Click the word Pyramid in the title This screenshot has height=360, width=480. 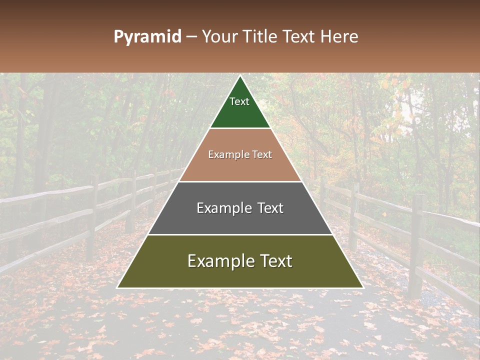pos(147,37)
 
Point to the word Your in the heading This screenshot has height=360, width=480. pos(221,36)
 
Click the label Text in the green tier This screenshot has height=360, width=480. pos(239,101)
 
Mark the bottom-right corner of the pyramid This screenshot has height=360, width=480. pos(362,287)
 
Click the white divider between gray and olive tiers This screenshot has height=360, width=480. pos(240,234)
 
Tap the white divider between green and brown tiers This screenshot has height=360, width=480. pos(240,128)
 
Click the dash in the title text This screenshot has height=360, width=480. pos(191,37)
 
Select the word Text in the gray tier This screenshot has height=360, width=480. pos(267,208)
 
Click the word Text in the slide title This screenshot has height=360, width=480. pos(300,36)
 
